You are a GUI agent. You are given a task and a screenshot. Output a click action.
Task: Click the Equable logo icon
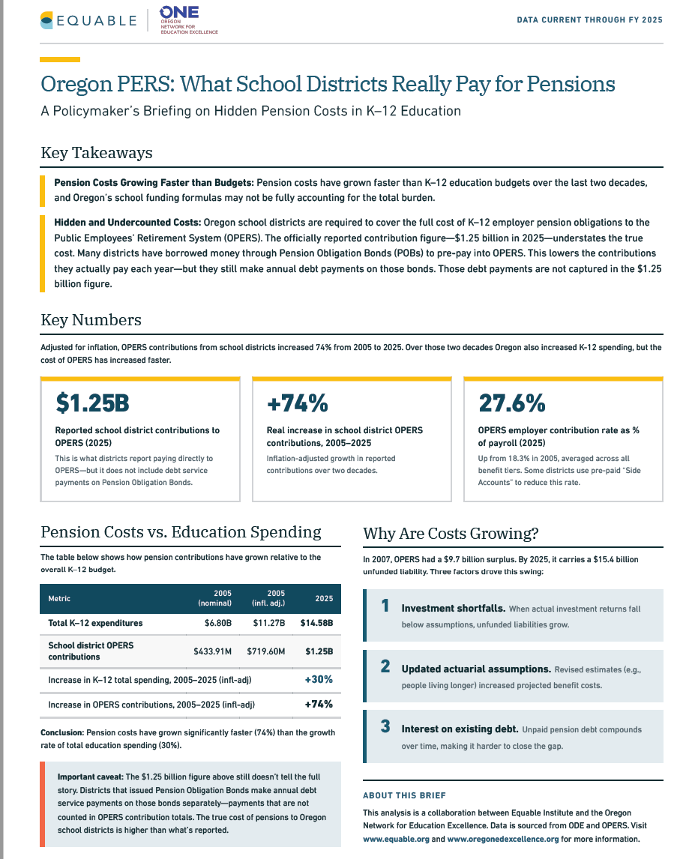coord(46,20)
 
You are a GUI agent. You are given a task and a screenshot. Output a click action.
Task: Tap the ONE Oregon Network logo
coord(188,20)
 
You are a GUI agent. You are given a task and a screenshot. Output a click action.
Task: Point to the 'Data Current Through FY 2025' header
coord(589,19)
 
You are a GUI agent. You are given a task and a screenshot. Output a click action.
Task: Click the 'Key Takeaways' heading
coord(97,153)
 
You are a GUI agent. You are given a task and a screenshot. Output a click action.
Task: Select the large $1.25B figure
coord(93,403)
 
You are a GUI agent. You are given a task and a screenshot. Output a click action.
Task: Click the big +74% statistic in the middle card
coord(298,403)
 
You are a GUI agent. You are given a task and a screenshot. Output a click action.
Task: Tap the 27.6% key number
coord(512,403)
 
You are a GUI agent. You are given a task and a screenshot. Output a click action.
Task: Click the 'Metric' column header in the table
coord(59,598)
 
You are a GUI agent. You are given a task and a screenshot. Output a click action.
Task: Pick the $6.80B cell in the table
coord(218,623)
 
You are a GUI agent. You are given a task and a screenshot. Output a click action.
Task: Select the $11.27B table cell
coord(269,623)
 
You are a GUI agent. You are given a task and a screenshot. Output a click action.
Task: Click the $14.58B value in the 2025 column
coord(316,623)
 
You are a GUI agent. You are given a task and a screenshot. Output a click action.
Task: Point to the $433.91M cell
coord(213,651)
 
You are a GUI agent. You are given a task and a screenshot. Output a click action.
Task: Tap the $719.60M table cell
coord(265,651)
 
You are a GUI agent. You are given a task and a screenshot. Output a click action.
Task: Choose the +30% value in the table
coord(319,679)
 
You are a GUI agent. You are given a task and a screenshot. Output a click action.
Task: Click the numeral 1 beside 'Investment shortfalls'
coord(385,606)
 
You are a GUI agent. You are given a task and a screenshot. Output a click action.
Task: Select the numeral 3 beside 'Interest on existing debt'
coord(385,726)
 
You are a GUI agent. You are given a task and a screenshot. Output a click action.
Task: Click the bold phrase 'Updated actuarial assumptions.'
coord(476,669)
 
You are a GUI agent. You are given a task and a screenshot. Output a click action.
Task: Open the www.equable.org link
coord(396,839)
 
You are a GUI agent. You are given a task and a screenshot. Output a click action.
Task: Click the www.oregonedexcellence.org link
coord(503,839)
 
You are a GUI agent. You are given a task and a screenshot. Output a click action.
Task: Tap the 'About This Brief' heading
coord(404,795)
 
